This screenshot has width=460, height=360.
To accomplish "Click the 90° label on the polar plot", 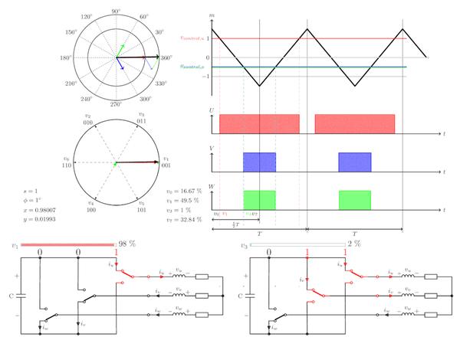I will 116,11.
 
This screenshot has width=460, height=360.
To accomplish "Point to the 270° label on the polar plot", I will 116,105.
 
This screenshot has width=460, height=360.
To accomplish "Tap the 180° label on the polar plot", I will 67,58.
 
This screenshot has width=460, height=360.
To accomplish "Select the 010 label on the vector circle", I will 89,122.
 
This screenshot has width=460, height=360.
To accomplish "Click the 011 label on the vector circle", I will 143,122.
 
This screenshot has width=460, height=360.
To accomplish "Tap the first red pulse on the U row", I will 258,124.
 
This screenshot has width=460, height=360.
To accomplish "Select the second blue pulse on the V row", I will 354,162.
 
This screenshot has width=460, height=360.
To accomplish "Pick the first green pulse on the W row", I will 258,199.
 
